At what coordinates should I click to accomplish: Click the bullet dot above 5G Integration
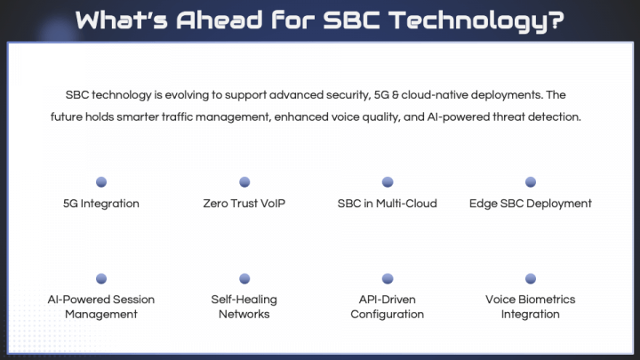coord(101,182)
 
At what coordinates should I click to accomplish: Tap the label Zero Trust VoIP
coord(244,204)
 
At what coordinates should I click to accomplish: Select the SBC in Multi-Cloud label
coord(388,204)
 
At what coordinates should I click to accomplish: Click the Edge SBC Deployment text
coord(531,204)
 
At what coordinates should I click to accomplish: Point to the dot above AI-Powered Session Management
coord(101,278)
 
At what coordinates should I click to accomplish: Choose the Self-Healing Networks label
coord(244,307)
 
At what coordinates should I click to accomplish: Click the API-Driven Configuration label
coord(388,307)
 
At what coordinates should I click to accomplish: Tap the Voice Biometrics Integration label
coord(531,307)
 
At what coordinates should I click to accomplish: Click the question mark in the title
coord(556,20)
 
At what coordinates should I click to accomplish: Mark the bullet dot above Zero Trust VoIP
coord(244,182)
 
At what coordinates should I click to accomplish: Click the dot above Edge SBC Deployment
coord(531,182)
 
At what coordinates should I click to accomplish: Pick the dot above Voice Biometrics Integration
coord(531,278)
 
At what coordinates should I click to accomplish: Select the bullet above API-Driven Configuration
coord(388,278)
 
